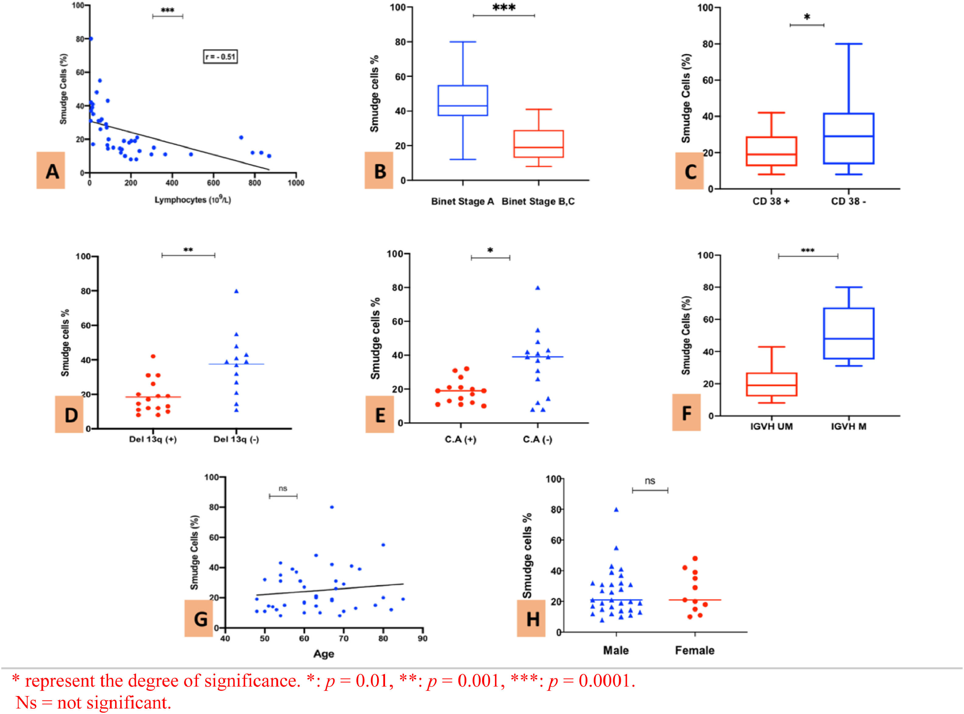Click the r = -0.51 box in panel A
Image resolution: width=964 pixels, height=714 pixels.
pyautogui.click(x=220, y=57)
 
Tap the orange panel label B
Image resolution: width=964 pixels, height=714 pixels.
pyautogui.click(x=379, y=171)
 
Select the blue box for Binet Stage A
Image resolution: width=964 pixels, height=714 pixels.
pyautogui.click(x=463, y=100)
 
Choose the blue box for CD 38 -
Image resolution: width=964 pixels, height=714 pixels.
pyautogui.click(x=849, y=138)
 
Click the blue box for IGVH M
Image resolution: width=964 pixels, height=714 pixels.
pyautogui.click(x=849, y=333)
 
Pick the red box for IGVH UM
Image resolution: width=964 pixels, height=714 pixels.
pyautogui.click(x=771, y=384)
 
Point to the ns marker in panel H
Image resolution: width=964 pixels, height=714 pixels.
pyautogui.click(x=650, y=481)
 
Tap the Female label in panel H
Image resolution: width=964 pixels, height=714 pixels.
pyautogui.click(x=695, y=650)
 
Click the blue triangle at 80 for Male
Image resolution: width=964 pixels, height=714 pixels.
pyautogui.click(x=616, y=509)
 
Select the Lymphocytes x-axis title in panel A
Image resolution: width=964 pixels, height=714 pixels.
pyautogui.click(x=193, y=200)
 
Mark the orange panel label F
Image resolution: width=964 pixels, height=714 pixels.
pyautogui.click(x=686, y=413)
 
